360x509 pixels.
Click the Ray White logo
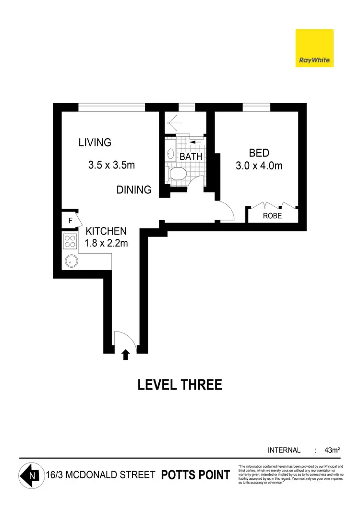314,48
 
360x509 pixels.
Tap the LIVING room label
95,142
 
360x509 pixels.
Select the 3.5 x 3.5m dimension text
111,166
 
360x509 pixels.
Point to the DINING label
134,190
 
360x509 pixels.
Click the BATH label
191,156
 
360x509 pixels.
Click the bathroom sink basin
170,154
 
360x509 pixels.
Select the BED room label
259,154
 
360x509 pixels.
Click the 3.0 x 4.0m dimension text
259,166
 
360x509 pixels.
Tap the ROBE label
272,216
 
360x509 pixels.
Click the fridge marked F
70,221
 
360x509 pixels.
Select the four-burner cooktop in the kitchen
70,241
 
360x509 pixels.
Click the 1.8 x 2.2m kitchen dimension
106,243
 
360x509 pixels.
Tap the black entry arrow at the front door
126,355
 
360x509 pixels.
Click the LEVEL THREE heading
180,385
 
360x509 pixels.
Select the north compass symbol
30,476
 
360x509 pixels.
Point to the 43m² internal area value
332,450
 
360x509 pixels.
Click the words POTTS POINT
195,475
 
